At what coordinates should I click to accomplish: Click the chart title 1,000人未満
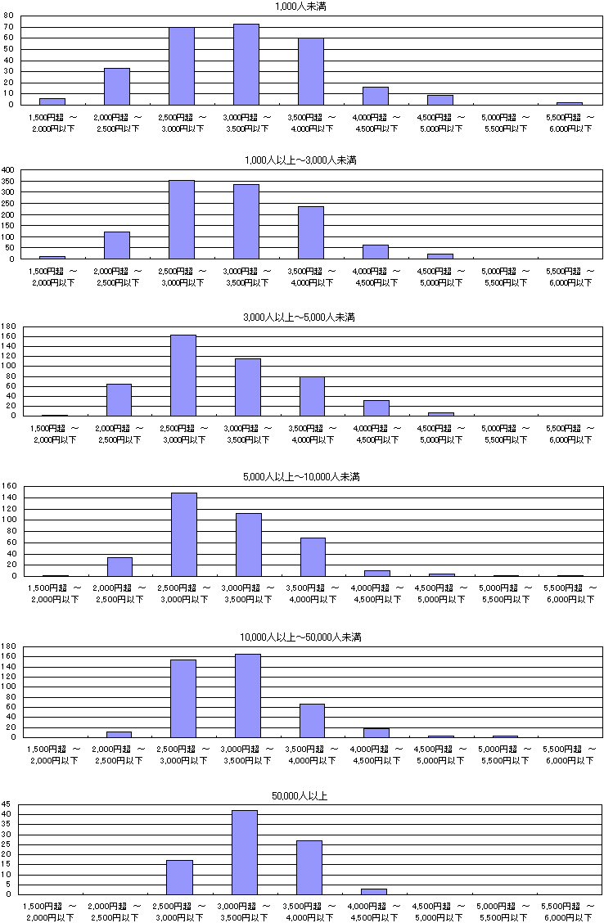coord(302,7)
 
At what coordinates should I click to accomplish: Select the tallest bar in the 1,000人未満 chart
coord(246,65)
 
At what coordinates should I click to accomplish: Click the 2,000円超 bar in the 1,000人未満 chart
coord(117,87)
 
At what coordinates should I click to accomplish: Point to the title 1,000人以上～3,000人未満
coord(302,160)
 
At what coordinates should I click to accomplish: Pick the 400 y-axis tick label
coord(8,169)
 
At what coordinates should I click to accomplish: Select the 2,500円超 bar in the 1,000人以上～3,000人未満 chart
coord(182,219)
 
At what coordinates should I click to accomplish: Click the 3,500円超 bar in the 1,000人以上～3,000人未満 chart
coord(311,232)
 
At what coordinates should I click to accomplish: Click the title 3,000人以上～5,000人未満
coord(302,317)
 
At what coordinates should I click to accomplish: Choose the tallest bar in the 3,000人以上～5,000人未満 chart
coord(183,375)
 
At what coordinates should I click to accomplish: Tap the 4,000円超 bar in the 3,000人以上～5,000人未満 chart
coord(376,407)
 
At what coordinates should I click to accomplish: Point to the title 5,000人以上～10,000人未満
coord(302,476)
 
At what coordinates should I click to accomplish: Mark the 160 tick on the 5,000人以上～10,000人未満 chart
coord(10,486)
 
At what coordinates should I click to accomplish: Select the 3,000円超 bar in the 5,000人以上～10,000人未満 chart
coord(249,544)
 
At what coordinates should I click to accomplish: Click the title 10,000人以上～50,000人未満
coord(302,637)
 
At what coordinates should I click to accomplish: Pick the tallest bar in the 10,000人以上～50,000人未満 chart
coord(248,695)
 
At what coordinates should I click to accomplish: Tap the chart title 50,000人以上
coord(302,795)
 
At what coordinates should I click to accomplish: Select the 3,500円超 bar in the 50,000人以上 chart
coord(309,867)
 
